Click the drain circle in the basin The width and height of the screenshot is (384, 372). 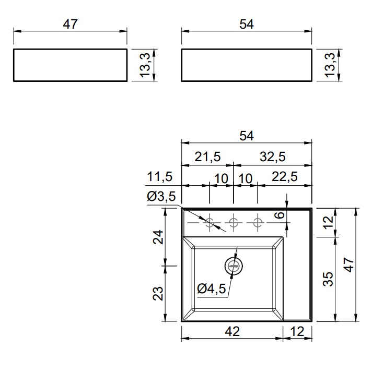pos(234,266)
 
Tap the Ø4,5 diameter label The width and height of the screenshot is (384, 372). pos(212,289)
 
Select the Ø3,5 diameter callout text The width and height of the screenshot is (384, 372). pos(161,196)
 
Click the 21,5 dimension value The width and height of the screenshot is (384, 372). pos(208,157)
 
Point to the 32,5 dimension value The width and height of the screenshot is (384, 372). pos(273,157)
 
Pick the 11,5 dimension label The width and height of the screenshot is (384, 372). pos(160,176)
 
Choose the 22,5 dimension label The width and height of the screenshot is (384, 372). pos(285,176)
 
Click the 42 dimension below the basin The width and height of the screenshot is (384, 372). pos(232,331)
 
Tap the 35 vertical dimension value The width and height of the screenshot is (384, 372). pos(328,279)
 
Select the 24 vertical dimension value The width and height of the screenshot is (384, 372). pos(158,237)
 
